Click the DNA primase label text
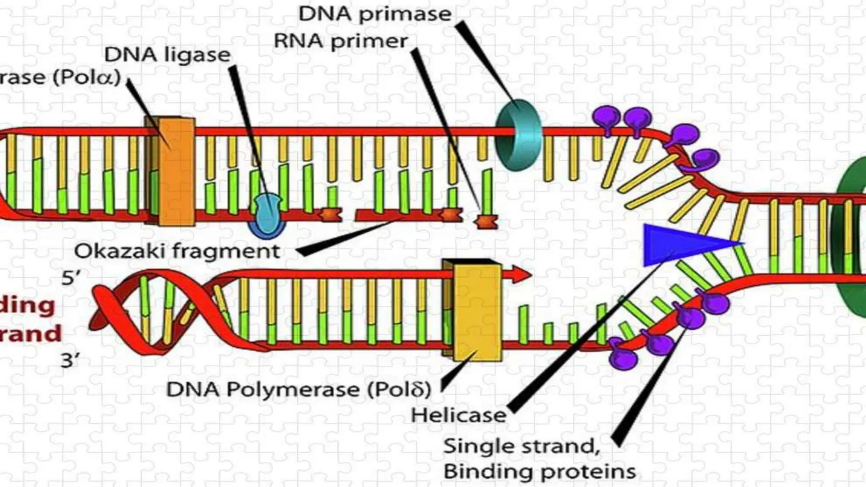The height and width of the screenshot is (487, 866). tap(375, 14)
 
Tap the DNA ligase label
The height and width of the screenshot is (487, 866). tap(167, 55)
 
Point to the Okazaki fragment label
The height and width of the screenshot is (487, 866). tap(177, 252)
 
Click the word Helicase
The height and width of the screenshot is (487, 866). tap(459, 415)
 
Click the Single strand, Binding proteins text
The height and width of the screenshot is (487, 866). tap(539, 459)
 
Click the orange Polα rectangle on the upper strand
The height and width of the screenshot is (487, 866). tap(170, 171)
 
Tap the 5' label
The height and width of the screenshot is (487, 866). tap(71, 278)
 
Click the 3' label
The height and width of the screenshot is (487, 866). tap(70, 361)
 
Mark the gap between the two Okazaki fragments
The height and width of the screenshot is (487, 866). tap(348, 216)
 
